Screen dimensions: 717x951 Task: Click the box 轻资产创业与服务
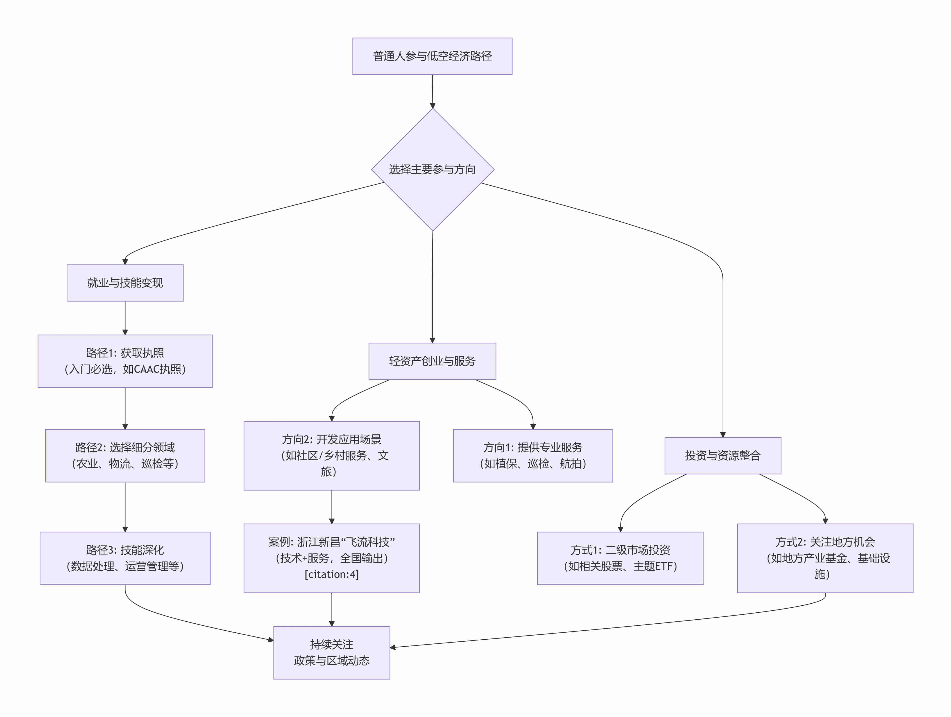[432, 361]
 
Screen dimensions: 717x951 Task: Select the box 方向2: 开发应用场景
[331, 455]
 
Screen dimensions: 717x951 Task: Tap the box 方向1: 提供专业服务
[533, 455]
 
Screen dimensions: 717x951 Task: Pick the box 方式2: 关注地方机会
[825, 558]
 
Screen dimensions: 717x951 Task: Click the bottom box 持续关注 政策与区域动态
[331, 652]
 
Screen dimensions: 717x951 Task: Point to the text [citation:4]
[331, 574]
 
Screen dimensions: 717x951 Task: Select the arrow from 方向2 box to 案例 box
[331, 507]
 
